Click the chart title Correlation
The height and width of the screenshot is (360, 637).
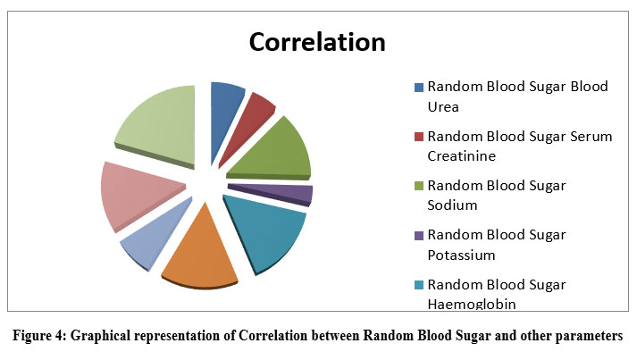tap(316, 43)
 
